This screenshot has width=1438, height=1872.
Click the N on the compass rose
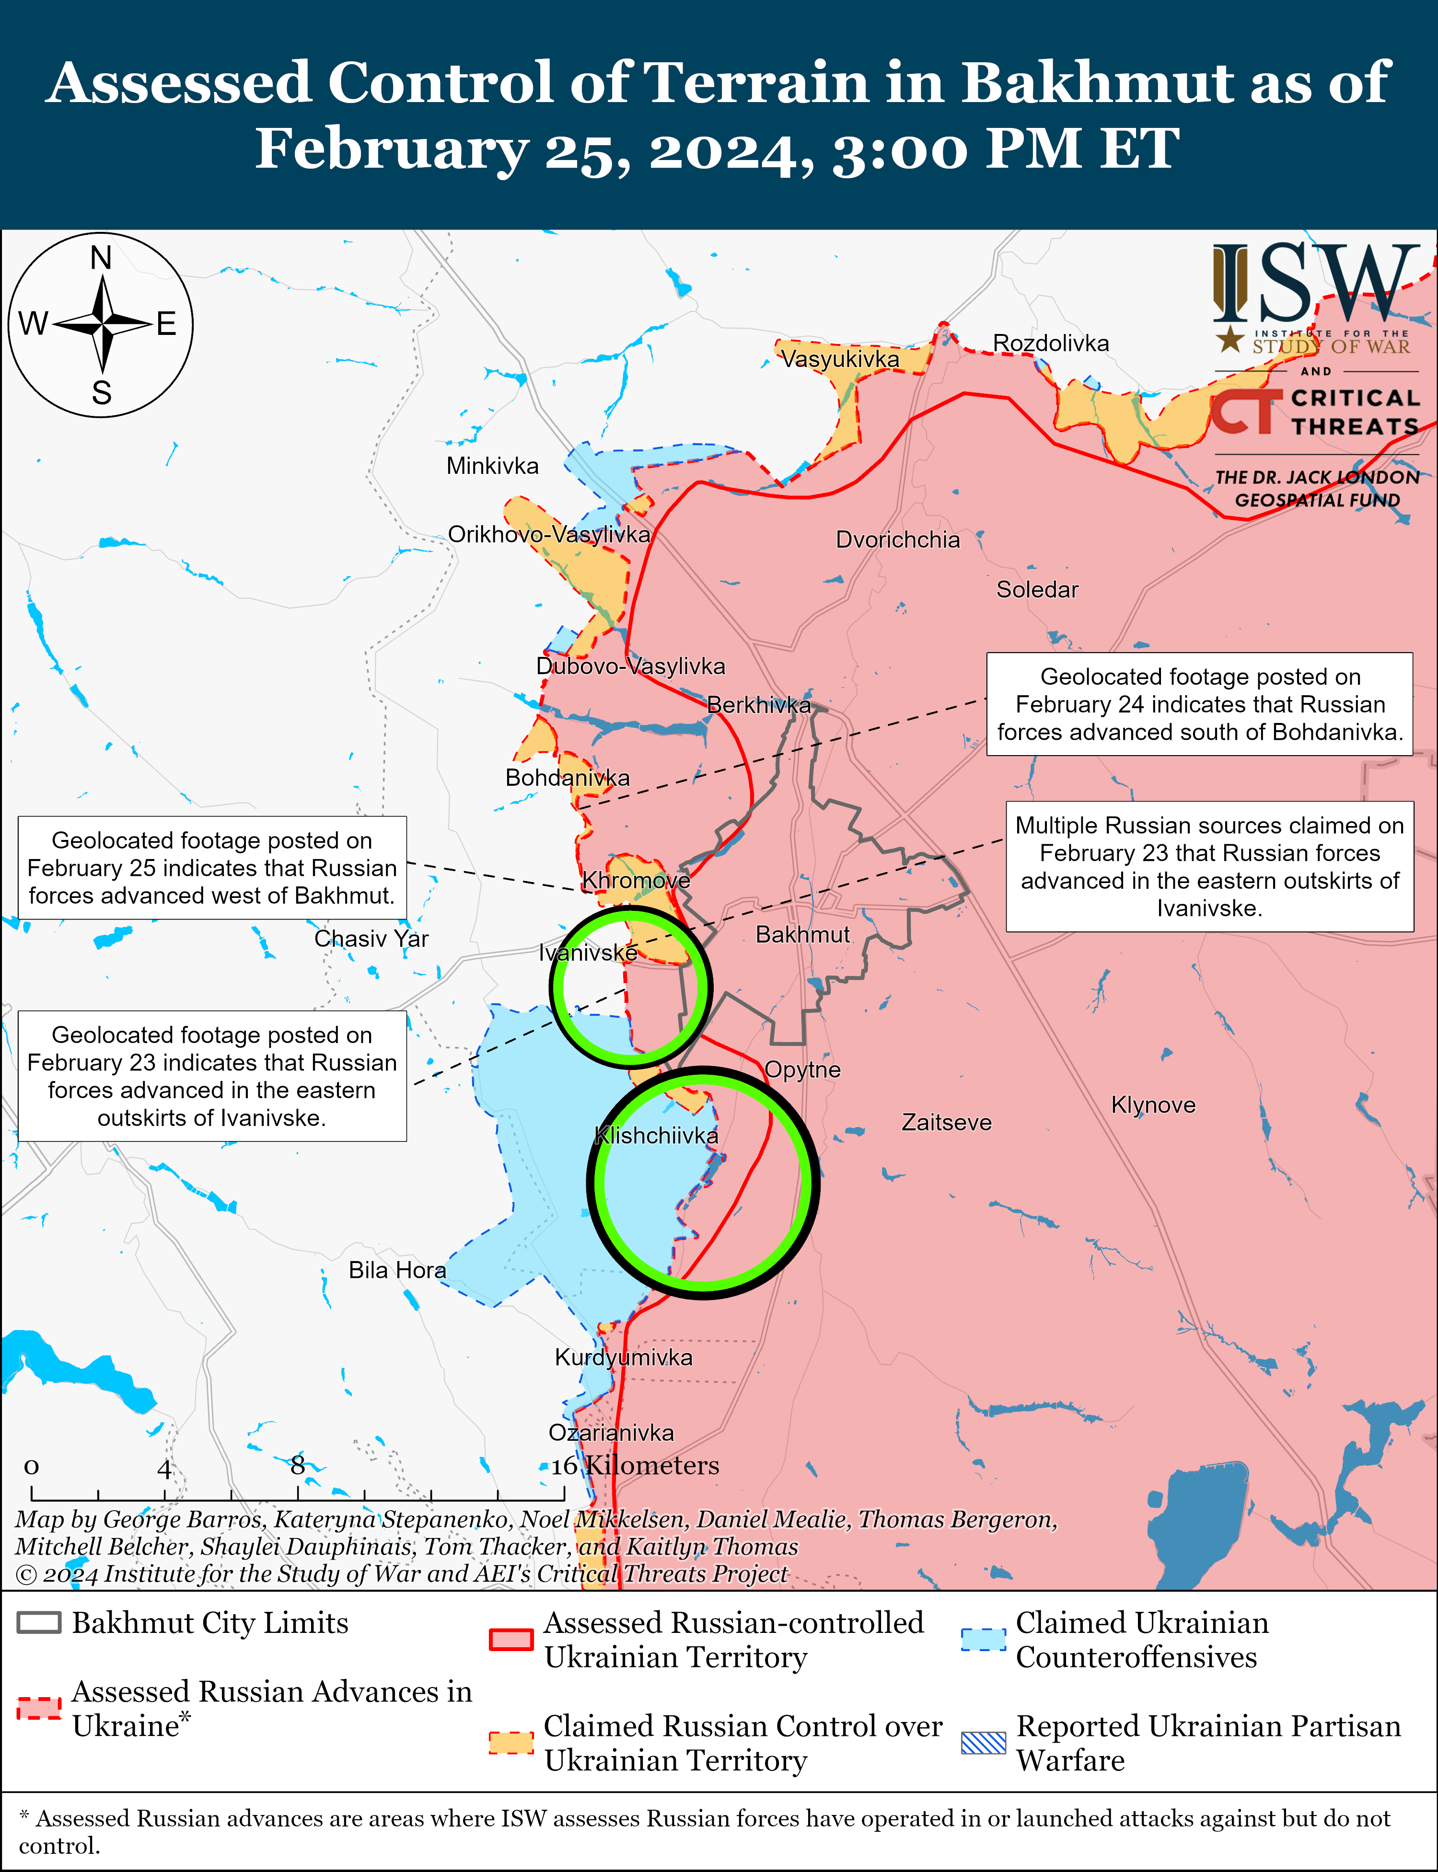point(101,257)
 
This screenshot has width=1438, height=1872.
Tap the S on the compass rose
point(101,393)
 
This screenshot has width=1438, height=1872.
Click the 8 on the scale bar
point(297,1466)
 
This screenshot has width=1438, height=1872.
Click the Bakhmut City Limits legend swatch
point(38,1623)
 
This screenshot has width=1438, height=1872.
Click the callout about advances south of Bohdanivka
point(1199,704)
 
